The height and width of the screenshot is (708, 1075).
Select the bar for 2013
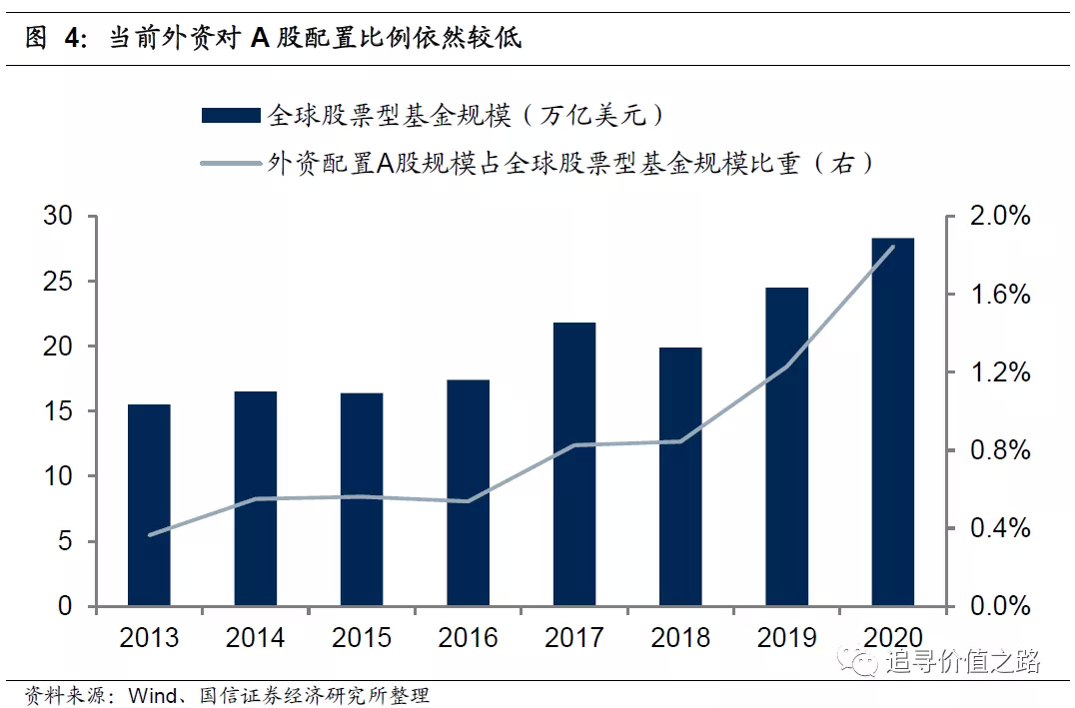149,505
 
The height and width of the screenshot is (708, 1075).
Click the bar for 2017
574,464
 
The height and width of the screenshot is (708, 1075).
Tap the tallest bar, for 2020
892,422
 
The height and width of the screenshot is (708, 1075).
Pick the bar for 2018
680,477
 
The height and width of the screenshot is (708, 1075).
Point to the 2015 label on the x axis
362,637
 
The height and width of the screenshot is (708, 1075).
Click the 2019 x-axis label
786,637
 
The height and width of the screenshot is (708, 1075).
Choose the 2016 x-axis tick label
468,637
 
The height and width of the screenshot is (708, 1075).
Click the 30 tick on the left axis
58,217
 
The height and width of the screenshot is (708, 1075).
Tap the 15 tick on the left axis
58,411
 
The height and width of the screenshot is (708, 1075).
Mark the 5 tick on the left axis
65,542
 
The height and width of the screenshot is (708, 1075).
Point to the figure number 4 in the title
71,39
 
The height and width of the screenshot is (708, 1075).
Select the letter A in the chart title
260,39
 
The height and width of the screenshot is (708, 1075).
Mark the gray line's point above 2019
786,366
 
